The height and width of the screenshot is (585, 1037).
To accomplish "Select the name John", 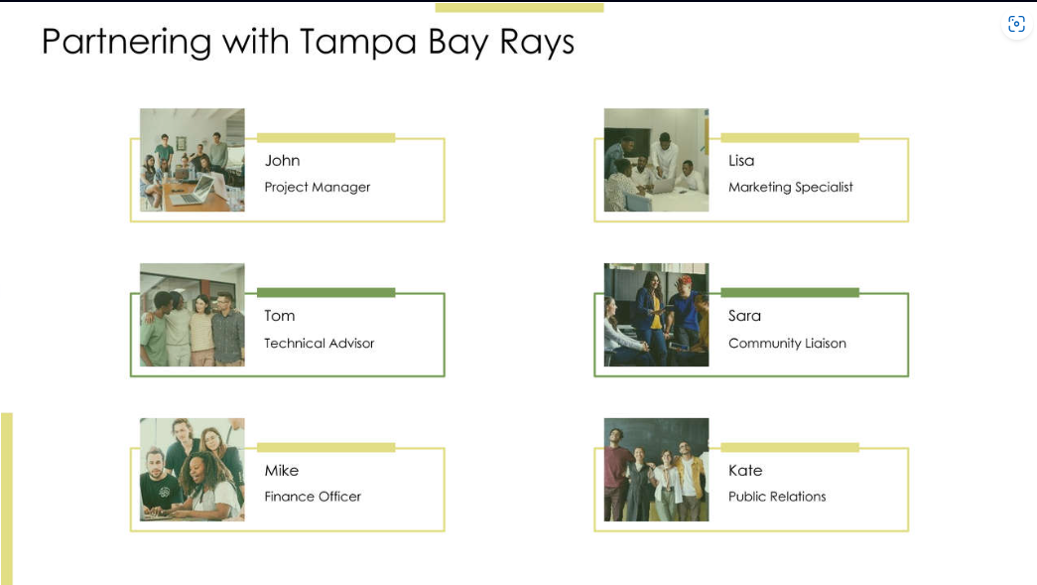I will (x=282, y=161).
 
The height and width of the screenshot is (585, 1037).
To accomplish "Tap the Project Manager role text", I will (x=317, y=187).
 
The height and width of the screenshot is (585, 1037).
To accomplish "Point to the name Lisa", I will (x=741, y=161).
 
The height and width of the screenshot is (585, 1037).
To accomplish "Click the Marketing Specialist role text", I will (x=790, y=187).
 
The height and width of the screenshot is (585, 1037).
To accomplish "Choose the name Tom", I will (x=279, y=316).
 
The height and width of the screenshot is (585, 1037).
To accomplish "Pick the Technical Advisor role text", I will (x=319, y=343).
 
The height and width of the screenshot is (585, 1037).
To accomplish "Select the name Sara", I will (x=744, y=316).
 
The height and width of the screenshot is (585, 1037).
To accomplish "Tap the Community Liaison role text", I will (x=787, y=343).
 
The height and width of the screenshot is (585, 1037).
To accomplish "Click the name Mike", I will (x=281, y=471).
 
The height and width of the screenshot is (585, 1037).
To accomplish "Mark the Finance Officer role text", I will (x=313, y=497).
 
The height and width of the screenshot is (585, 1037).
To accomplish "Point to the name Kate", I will (x=745, y=471).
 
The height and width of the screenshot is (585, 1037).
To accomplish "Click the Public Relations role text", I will (x=777, y=497).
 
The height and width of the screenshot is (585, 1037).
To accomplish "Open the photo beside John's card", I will (x=192, y=160).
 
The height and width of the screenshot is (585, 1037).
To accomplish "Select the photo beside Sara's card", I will (x=656, y=315).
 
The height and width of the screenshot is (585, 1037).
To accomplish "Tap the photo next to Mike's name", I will (x=192, y=470).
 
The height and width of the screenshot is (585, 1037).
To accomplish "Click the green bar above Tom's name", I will (x=325, y=292).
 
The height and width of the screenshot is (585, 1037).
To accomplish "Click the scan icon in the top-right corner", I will (x=1016, y=24).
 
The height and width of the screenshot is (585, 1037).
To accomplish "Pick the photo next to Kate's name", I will (x=656, y=470).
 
